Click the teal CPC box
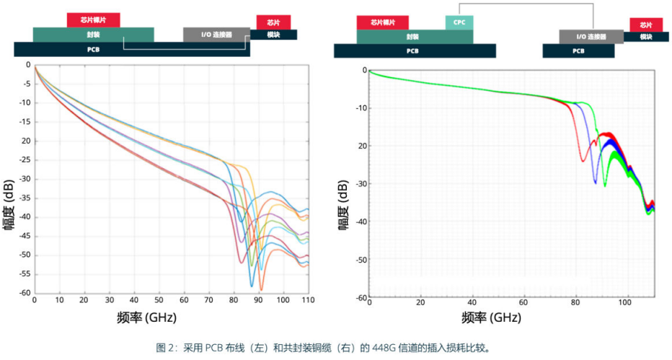[x=459, y=22]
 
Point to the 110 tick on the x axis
[x=308, y=299]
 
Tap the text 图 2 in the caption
[x=165, y=347]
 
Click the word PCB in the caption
[x=213, y=347]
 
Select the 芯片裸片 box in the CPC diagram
[x=382, y=22]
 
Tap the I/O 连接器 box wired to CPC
[x=591, y=37]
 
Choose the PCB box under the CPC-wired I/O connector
[x=578, y=51]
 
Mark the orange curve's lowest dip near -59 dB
[x=260, y=290]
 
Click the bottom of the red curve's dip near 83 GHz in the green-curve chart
[x=583, y=161]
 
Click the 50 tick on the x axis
[x=159, y=299]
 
